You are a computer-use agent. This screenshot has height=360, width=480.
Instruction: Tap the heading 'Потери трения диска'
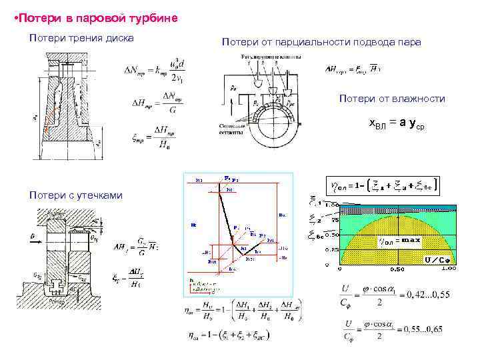(82, 38)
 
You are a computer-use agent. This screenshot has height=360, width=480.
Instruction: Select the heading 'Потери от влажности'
(391, 99)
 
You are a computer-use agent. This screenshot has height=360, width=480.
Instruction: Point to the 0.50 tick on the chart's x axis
(396, 270)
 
